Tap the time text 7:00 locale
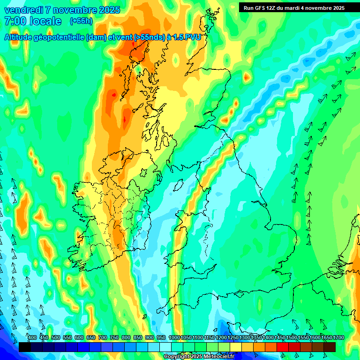(33, 21)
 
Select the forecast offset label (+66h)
(81, 21)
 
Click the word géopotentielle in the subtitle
(61, 37)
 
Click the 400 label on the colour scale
(32, 337)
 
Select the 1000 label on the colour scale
(174, 337)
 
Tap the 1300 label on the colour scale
(245, 337)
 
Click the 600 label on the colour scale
(79, 337)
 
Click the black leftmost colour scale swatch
(24, 347)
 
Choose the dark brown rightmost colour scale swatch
(330, 347)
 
